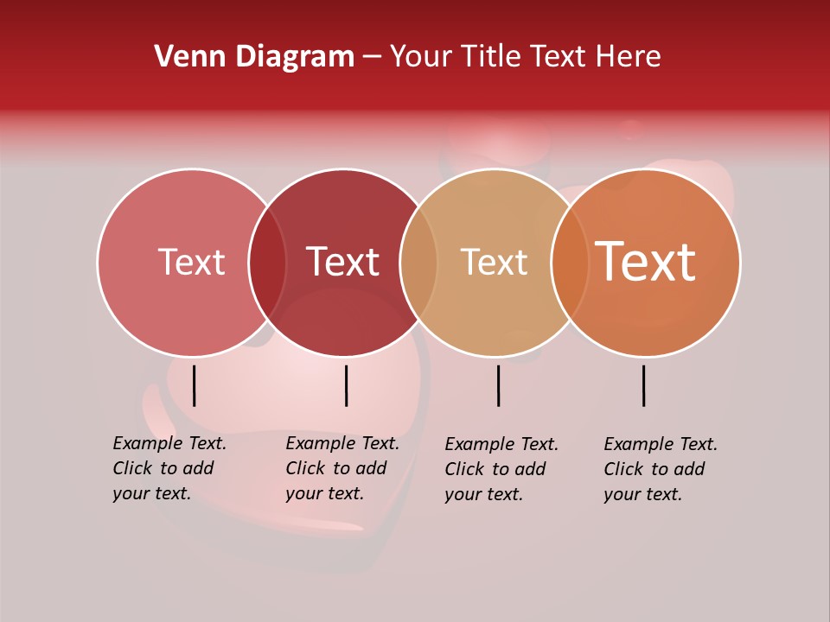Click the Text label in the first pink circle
191,262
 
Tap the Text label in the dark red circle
342,262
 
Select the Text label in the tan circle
494,262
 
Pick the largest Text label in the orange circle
645,262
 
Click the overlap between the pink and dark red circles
267,263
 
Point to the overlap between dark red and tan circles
418,263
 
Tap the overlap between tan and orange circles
570,263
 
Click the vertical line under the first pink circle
195,385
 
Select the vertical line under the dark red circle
346,385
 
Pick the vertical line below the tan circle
498,385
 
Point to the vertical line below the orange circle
644,385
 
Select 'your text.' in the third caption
484,494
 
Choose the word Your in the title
422,57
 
